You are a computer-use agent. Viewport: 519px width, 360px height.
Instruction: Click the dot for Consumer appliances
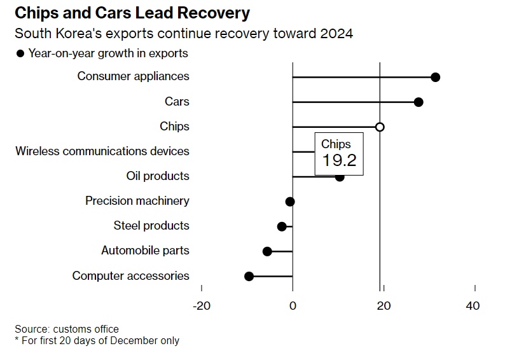click(435, 77)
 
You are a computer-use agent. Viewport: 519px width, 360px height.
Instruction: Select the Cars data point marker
click(418, 102)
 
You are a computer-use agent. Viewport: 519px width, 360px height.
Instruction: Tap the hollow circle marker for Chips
click(380, 127)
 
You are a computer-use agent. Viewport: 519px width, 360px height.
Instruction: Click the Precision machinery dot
click(290, 202)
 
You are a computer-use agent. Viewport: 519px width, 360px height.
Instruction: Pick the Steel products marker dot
click(282, 226)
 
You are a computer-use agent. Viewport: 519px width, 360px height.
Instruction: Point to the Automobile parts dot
click(267, 251)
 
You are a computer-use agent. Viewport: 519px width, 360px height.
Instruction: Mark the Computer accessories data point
click(249, 276)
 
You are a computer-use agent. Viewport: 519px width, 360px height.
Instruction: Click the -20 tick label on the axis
click(201, 305)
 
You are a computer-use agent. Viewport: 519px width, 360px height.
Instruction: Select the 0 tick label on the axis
click(293, 305)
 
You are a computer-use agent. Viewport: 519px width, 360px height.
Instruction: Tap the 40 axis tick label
click(473, 305)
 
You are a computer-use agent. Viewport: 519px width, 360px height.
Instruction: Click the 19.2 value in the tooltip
click(339, 160)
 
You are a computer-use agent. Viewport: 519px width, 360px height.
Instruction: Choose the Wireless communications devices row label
click(102, 151)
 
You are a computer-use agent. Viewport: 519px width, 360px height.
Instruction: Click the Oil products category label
click(158, 176)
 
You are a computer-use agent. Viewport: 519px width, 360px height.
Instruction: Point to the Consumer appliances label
click(133, 76)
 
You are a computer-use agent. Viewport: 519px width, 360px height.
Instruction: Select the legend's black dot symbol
click(20, 53)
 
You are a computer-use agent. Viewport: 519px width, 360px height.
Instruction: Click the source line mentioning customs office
click(67, 329)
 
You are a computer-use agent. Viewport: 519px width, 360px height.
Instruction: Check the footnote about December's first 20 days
click(97, 340)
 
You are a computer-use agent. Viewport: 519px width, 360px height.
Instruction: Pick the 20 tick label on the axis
click(384, 305)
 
